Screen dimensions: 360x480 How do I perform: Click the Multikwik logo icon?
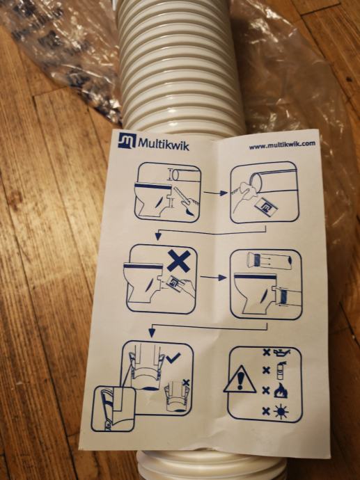click(127, 141)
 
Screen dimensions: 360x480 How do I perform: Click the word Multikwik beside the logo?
click(164, 143)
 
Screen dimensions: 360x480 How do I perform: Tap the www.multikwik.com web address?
click(282, 145)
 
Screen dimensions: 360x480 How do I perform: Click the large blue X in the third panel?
click(180, 260)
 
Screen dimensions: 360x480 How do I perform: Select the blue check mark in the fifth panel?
click(173, 358)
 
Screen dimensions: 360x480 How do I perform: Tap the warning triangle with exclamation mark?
click(240, 379)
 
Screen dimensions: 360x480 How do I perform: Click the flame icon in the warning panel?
click(281, 390)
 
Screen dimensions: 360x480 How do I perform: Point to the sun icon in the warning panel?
click(281, 412)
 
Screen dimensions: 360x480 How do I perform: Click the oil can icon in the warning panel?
click(281, 353)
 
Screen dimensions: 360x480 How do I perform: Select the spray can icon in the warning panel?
click(281, 370)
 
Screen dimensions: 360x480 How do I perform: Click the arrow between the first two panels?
click(216, 193)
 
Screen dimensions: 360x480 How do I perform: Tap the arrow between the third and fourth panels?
click(214, 278)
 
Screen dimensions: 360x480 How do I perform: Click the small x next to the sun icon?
click(266, 411)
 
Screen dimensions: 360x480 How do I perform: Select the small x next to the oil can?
click(267, 352)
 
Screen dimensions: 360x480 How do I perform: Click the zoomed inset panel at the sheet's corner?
click(114, 408)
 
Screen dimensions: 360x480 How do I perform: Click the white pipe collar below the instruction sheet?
click(212, 465)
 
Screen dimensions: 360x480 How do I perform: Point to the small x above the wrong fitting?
click(186, 382)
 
